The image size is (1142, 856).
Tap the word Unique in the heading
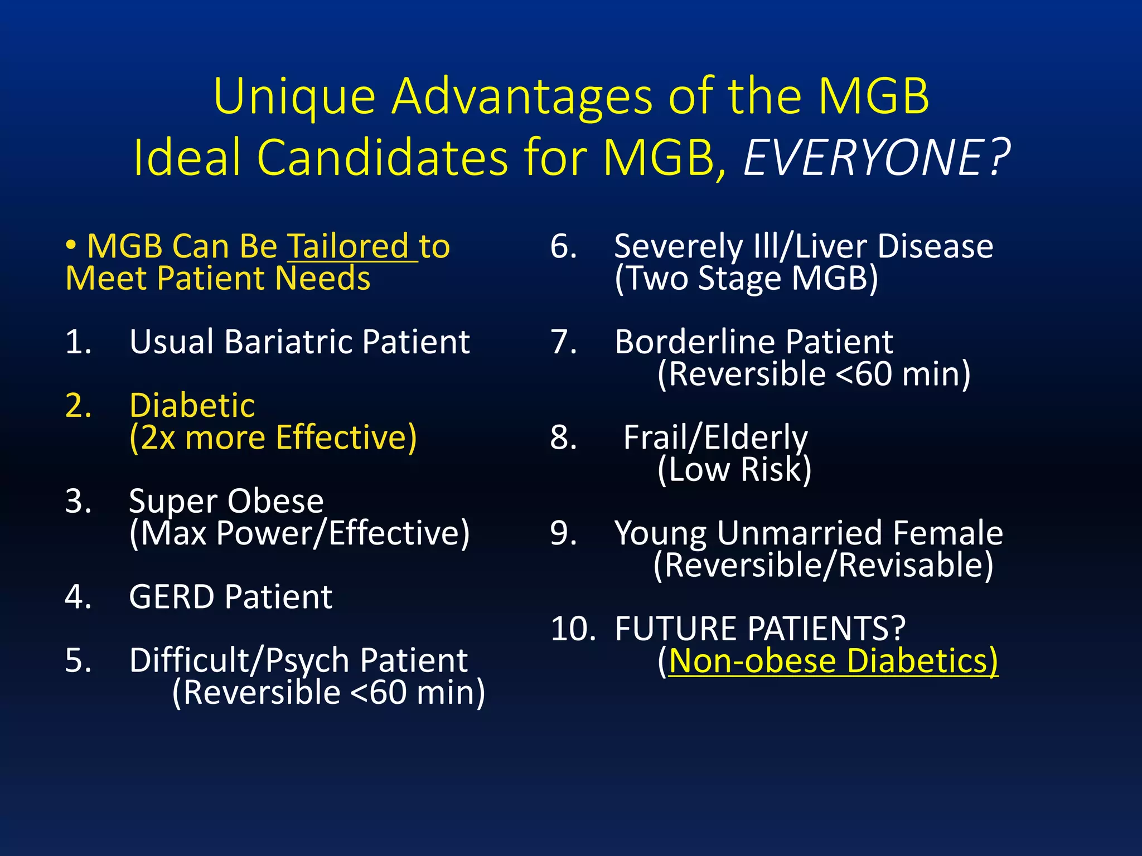[x=294, y=96]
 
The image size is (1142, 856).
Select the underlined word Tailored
[x=348, y=246]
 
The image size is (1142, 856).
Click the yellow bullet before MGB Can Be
[x=71, y=245]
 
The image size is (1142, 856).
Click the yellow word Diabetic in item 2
[x=192, y=405]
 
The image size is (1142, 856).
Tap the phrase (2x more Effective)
[x=273, y=437]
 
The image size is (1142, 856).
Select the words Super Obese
[x=226, y=501]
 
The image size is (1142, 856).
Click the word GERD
[x=171, y=597]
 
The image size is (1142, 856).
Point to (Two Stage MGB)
[x=746, y=278]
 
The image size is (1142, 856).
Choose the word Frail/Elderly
[x=715, y=437]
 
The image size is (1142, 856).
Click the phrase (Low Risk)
[x=734, y=469]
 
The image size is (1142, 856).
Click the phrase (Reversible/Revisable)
[x=823, y=565]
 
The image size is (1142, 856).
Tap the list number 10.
[x=573, y=629]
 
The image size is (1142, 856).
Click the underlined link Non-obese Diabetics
[x=833, y=661]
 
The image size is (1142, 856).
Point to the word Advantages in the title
[x=521, y=96]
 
